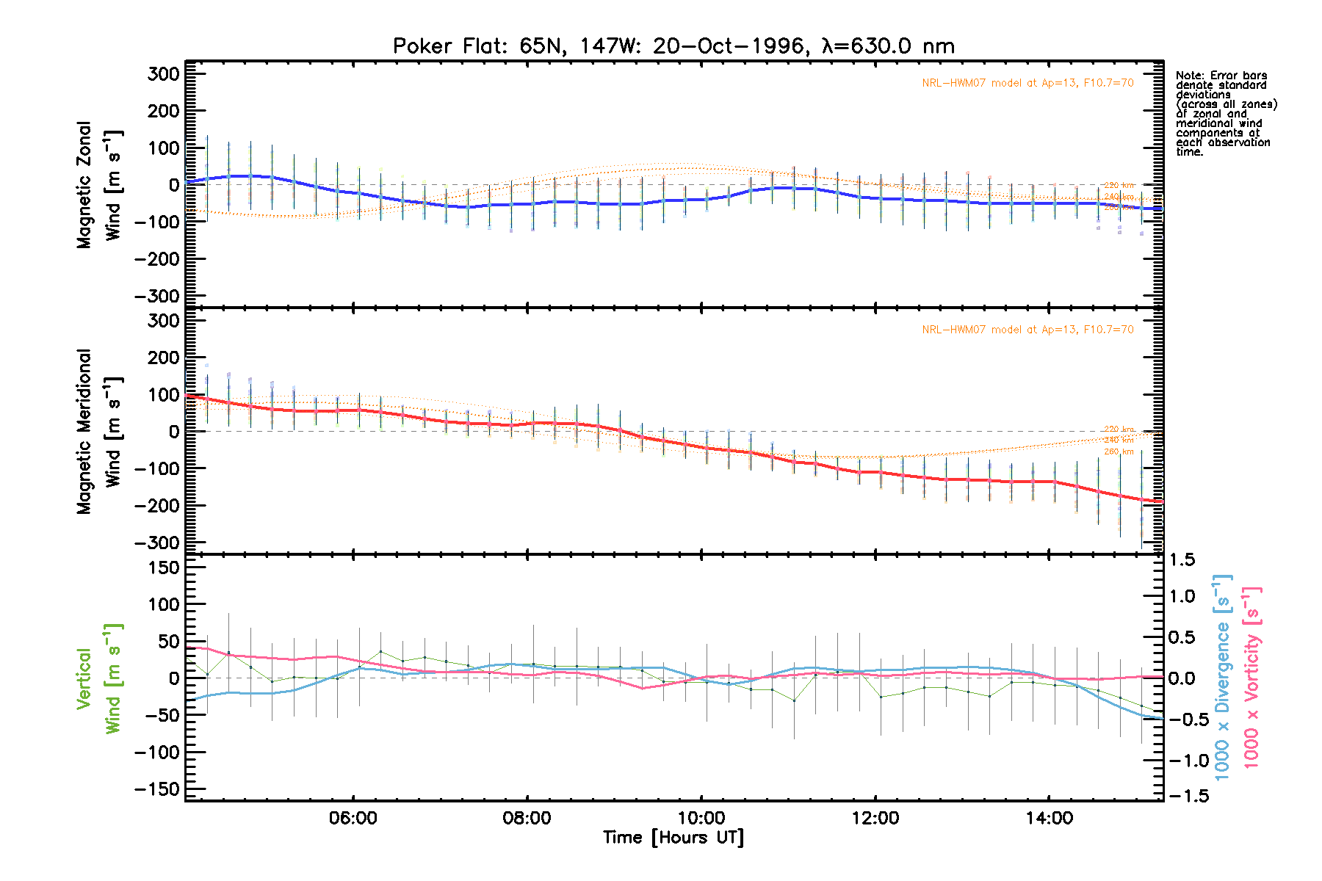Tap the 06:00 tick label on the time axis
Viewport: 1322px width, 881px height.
(x=353, y=818)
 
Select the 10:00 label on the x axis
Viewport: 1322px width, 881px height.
(x=701, y=818)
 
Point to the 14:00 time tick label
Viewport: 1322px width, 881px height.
(x=1050, y=818)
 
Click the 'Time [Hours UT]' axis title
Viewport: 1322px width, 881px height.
(x=673, y=838)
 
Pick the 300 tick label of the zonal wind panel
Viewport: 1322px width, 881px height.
(x=163, y=74)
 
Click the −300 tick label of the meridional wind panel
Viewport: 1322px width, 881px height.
(x=158, y=543)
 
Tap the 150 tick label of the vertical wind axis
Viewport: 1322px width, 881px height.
(x=163, y=568)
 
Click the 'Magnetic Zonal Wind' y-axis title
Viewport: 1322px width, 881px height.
(x=98, y=185)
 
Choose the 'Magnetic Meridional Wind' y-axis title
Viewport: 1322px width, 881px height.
(x=98, y=432)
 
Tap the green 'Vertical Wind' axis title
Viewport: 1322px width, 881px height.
(x=98, y=678)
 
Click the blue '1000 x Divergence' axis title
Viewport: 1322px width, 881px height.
(x=1222, y=677)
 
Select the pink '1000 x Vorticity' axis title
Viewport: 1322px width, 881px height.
(x=1251, y=677)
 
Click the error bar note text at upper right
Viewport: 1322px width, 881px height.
(x=1226, y=114)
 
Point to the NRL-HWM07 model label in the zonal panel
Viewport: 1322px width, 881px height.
(x=1027, y=83)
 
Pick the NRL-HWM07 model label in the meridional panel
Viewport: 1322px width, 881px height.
(x=1027, y=330)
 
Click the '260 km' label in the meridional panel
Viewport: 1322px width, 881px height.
(x=1119, y=452)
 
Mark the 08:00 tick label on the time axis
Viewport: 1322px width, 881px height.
(x=527, y=818)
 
